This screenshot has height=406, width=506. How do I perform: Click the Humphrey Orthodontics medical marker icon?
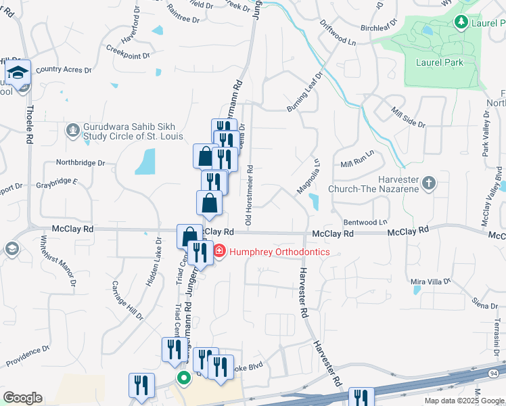click(x=219, y=252)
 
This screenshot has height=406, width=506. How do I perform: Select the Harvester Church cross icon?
click(x=428, y=183)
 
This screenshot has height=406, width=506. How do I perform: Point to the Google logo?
click(x=22, y=398)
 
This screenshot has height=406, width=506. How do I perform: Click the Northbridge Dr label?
click(x=80, y=163)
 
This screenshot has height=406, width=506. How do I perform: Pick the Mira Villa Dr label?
click(x=431, y=281)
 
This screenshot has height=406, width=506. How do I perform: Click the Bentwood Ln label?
click(x=365, y=221)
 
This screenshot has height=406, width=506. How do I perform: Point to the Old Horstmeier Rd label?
click(x=249, y=196)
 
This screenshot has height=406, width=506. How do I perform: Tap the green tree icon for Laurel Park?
click(x=461, y=22)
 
